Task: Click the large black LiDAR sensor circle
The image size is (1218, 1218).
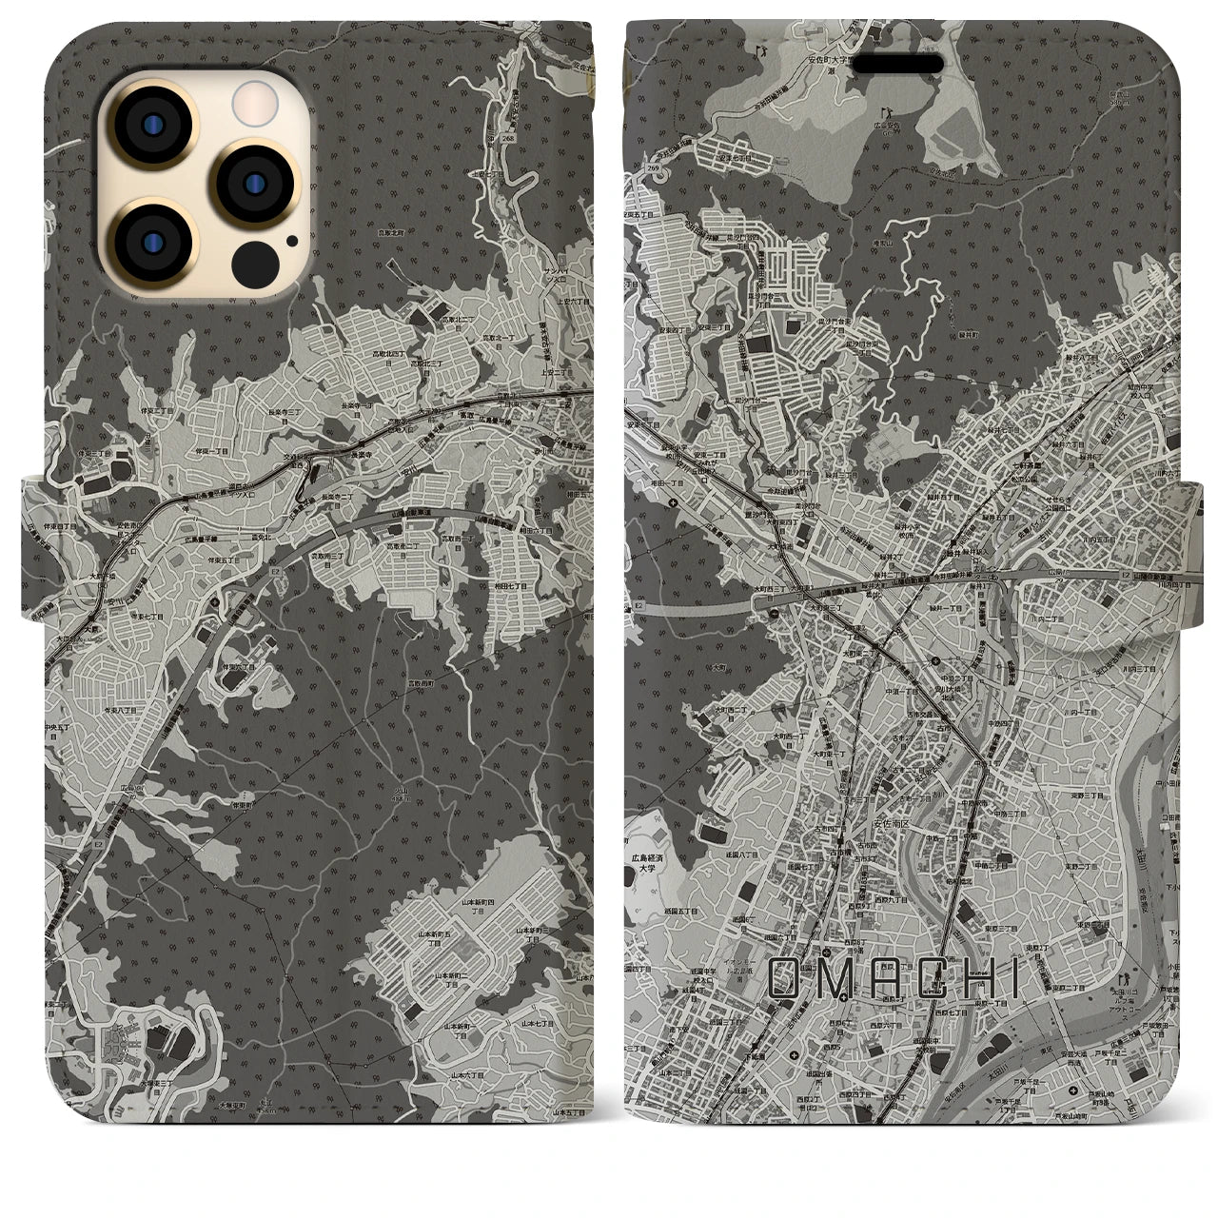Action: point(257,259)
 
